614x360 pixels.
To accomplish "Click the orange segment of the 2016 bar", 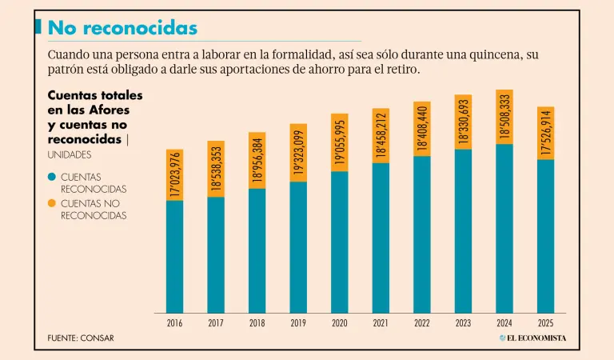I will [x=174, y=174].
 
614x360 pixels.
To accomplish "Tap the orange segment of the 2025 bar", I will [x=545, y=133].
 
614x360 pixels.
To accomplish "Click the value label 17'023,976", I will [x=174, y=175].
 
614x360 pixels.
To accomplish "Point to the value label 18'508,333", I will [x=504, y=117].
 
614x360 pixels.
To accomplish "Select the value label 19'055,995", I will [x=340, y=142].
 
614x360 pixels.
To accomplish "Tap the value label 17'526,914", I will [x=545, y=133].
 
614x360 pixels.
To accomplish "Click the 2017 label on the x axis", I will [x=216, y=324].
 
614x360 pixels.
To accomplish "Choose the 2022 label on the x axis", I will [x=422, y=324].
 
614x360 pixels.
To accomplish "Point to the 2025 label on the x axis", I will [x=545, y=324].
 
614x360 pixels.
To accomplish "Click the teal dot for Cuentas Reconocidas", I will [x=52, y=176].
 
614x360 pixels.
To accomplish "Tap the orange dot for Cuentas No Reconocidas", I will [x=52, y=203].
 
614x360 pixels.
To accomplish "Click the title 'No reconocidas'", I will [x=122, y=28].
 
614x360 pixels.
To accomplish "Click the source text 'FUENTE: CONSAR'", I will [x=81, y=338].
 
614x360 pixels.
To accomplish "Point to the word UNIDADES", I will [x=70, y=154].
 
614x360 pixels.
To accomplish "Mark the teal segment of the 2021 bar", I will [x=381, y=238].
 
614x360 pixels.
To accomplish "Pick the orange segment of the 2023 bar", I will [x=463, y=122].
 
